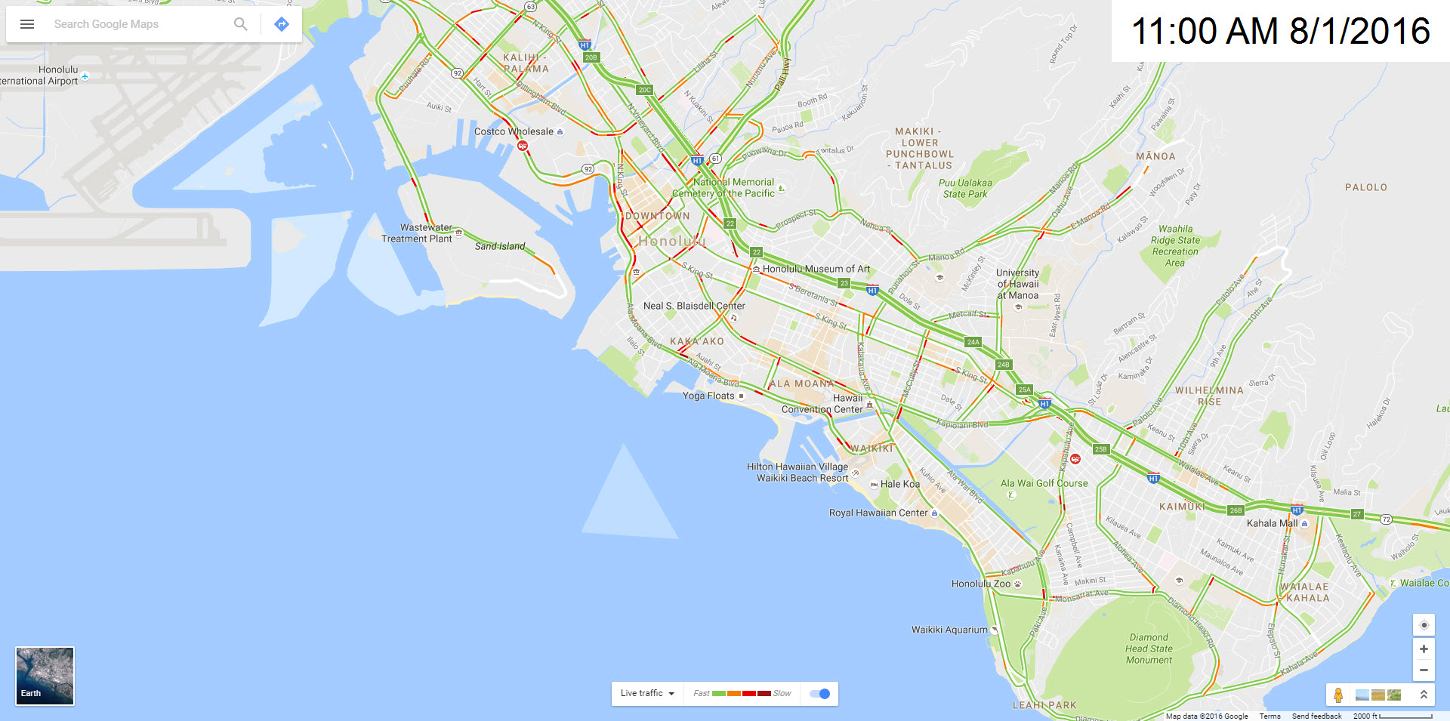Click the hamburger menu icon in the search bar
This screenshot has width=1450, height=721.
[27, 24]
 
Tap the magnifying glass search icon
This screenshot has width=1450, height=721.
[240, 24]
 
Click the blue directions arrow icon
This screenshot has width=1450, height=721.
[282, 24]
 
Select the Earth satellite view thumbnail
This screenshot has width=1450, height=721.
[45, 676]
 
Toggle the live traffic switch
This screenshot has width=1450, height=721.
[819, 694]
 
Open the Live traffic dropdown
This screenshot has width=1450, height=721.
[647, 694]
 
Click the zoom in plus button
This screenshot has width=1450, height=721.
[1424, 649]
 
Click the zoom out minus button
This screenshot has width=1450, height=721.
[1424, 670]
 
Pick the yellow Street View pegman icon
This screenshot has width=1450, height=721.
[1338, 695]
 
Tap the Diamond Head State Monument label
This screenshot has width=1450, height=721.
[1149, 649]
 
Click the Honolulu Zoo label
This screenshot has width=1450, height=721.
[980, 584]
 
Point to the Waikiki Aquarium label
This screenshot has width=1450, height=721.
[949, 630]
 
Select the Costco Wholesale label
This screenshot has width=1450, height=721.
[514, 131]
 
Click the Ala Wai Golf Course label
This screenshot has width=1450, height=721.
[1044, 483]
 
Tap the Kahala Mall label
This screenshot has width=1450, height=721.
[1272, 523]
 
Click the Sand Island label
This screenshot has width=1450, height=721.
[499, 246]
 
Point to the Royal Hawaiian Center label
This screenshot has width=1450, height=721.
[878, 513]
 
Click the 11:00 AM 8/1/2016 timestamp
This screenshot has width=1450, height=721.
[1280, 32]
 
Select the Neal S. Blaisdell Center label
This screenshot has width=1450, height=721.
[693, 306]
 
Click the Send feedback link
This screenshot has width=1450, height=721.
[1316, 716]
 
